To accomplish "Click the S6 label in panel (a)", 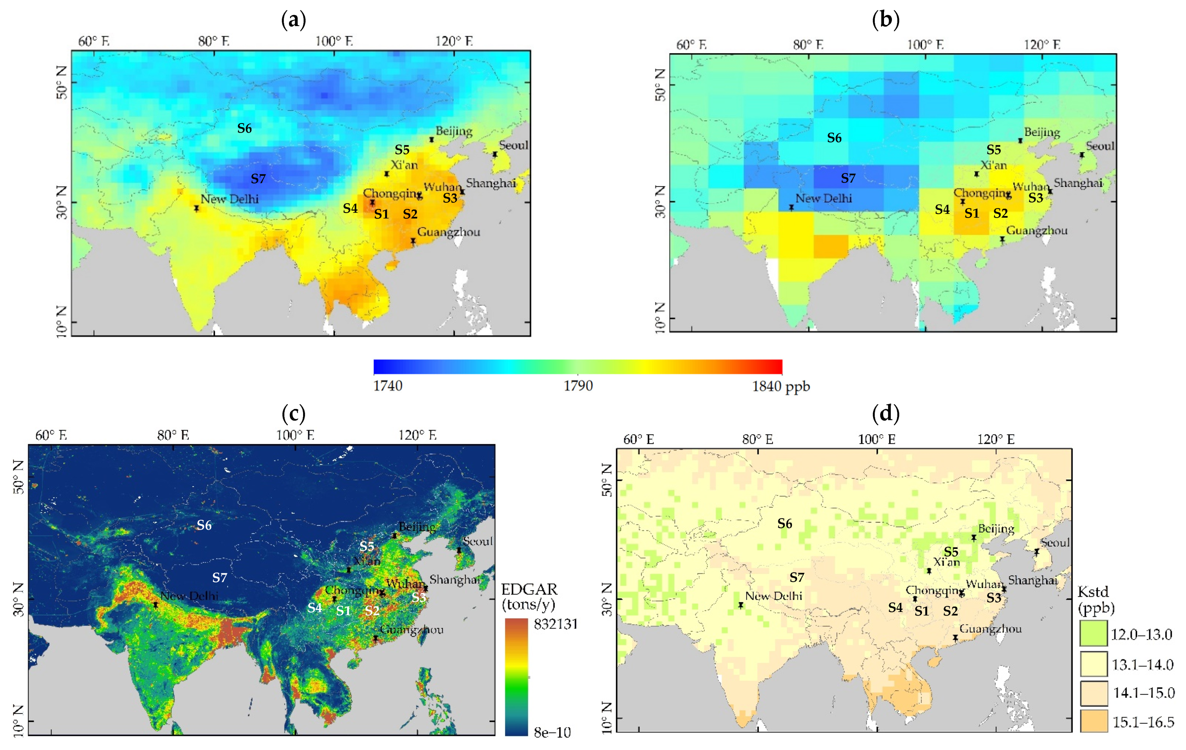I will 244,129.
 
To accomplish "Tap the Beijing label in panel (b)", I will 1042,132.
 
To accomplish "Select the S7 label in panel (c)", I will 220,578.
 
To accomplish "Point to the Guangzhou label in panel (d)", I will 990,629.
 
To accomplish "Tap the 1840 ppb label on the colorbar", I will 781,386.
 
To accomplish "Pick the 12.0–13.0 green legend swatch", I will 1093,634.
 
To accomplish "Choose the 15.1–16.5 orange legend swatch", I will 1093,722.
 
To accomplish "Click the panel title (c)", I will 294,413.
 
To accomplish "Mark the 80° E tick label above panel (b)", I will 808,45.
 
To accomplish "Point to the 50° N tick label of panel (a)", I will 62,82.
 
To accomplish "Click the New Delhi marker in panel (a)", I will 197,208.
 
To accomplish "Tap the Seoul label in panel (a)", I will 513,145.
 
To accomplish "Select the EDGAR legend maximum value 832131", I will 556,624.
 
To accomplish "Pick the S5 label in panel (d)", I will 951,552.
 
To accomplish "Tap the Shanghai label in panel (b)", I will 1078,183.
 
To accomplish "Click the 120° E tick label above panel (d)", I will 996,439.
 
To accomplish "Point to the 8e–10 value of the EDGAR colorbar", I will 552,733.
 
